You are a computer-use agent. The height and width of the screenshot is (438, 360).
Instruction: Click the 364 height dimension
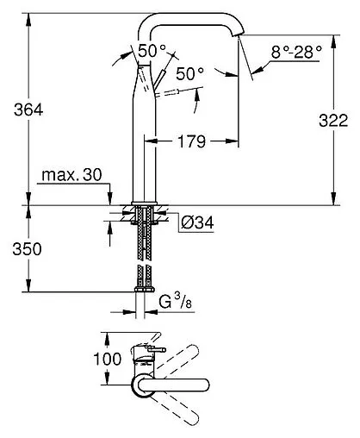pos(19,110)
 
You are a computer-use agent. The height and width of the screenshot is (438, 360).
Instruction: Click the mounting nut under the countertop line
pos(143,215)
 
